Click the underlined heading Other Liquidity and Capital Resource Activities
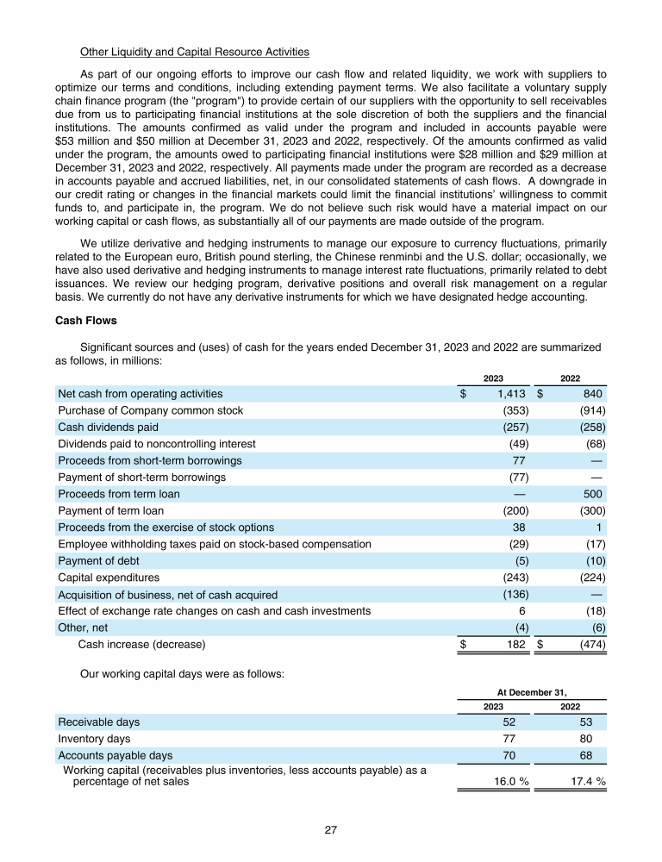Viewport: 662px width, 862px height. coord(194,53)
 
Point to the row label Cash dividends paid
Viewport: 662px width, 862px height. coord(108,427)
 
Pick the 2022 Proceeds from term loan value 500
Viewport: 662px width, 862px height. coord(593,494)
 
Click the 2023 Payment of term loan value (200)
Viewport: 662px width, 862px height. coord(515,510)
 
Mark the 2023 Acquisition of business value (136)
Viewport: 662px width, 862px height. coord(515,594)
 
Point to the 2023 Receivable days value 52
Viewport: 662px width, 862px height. coord(520,721)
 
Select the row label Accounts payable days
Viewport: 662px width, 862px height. coord(115,755)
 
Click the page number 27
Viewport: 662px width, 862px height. coord(331,830)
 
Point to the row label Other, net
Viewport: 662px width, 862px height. coord(84,627)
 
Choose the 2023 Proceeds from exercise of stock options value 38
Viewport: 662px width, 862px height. coord(520,528)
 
